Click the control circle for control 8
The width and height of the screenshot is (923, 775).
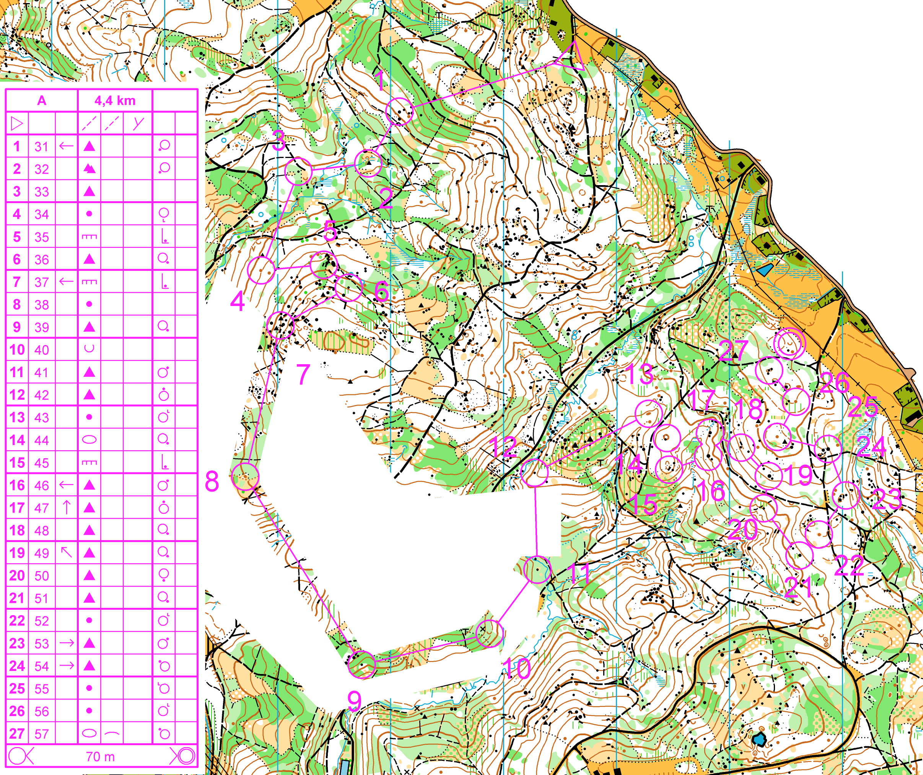(245, 477)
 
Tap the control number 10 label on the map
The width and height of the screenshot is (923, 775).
(517, 669)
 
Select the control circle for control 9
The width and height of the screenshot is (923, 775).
(361, 665)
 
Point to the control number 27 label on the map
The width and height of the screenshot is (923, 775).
(733, 350)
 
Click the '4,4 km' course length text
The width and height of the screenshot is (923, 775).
(115, 101)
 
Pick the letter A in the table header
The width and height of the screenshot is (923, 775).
(42, 101)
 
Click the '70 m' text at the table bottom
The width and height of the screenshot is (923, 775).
(100, 757)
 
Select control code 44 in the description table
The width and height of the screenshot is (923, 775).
(42, 440)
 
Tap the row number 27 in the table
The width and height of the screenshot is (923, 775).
(17, 734)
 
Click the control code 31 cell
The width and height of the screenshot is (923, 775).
(42, 147)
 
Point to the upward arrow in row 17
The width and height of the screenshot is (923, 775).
(67, 507)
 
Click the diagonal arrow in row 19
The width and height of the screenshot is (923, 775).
(67, 552)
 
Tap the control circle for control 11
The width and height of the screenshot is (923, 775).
(537, 569)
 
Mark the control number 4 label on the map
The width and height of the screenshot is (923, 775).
(237, 301)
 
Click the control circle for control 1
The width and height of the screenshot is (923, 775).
(399, 111)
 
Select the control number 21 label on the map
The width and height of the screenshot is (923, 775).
(799, 587)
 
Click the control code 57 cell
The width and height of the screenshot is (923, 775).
(42, 734)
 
